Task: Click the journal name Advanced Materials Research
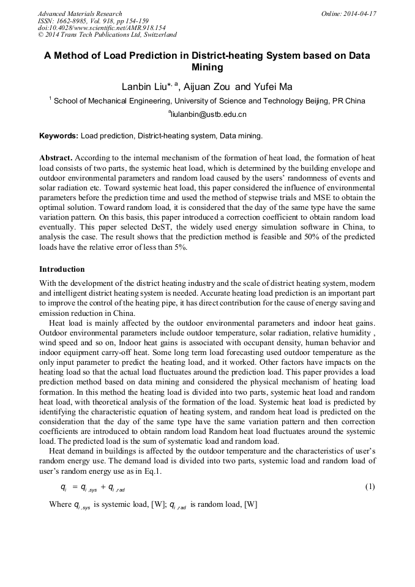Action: [x=80, y=13]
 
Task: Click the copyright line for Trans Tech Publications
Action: [x=107, y=36]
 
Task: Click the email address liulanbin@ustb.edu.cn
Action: [x=208, y=114]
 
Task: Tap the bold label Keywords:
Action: [x=59, y=136]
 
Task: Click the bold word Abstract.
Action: [x=56, y=157]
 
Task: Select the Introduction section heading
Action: [x=62, y=269]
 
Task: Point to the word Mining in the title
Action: [x=207, y=67]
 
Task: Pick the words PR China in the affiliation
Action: [x=349, y=101]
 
